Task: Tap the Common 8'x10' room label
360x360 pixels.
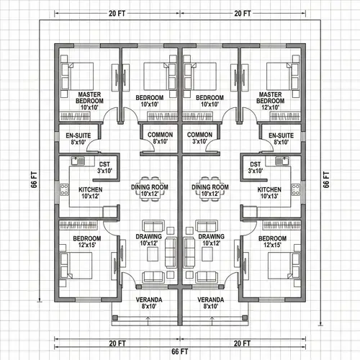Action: point(159,139)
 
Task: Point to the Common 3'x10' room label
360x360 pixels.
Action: point(199,139)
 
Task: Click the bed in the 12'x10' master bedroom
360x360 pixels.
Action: point(282,75)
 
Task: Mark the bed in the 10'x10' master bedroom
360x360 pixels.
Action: point(78,75)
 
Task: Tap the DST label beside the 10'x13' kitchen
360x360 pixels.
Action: point(255,167)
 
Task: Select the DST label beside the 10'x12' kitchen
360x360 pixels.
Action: point(104,167)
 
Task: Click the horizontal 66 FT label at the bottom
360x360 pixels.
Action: point(180,351)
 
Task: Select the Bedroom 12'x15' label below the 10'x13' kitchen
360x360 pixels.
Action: point(273,241)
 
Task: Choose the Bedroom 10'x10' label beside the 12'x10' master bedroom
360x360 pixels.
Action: point(210,101)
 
